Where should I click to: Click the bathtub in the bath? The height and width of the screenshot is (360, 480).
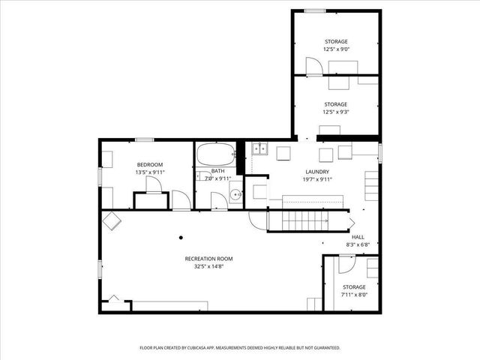(x=214, y=157)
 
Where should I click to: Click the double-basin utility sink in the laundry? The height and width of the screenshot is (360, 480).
(x=258, y=148)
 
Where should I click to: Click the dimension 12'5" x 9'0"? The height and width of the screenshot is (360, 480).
(x=336, y=49)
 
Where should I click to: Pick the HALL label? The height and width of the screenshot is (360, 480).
(x=358, y=236)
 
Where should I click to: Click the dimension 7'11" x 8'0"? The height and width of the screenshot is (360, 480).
(x=354, y=295)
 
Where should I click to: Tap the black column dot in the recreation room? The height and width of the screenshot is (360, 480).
(x=181, y=238)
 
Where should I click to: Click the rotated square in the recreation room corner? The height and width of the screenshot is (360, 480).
(x=112, y=220)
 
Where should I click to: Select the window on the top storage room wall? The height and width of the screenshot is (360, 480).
(x=315, y=10)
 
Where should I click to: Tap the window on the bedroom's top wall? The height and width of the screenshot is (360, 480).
(x=145, y=139)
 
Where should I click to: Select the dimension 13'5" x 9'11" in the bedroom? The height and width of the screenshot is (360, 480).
(x=149, y=172)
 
